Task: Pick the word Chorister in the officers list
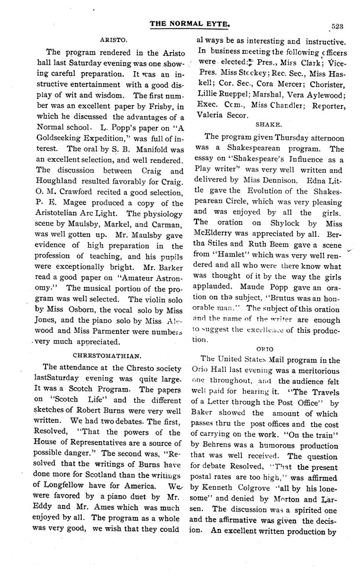(x=320, y=95)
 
